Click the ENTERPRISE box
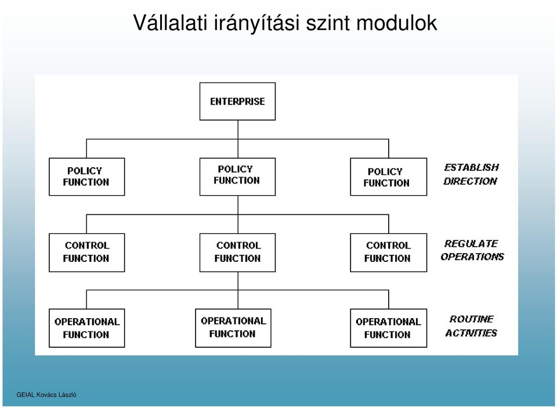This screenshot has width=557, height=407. coord(237,101)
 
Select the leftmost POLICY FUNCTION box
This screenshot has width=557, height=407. coord(86,177)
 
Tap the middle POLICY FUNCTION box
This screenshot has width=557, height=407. coord(237,177)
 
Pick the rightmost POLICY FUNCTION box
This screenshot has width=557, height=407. coord(388,177)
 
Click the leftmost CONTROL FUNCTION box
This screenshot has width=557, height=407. coord(86,253)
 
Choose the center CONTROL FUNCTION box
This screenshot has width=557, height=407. coord(237,253)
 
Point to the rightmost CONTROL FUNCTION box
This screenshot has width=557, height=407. coord(388,253)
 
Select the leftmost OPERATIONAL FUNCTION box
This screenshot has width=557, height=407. coord(86,327)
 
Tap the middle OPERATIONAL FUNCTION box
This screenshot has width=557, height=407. coord(233,327)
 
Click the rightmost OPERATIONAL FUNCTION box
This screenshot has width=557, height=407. coord(388,327)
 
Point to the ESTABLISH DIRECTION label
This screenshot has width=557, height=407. coord(471,174)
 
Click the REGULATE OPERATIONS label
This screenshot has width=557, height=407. coord(472,250)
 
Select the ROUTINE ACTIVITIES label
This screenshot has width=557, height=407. coord(471,326)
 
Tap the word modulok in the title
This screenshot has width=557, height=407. coord(396,23)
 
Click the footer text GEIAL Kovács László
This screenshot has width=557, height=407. coord(46,395)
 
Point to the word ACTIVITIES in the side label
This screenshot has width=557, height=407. coord(471,333)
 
